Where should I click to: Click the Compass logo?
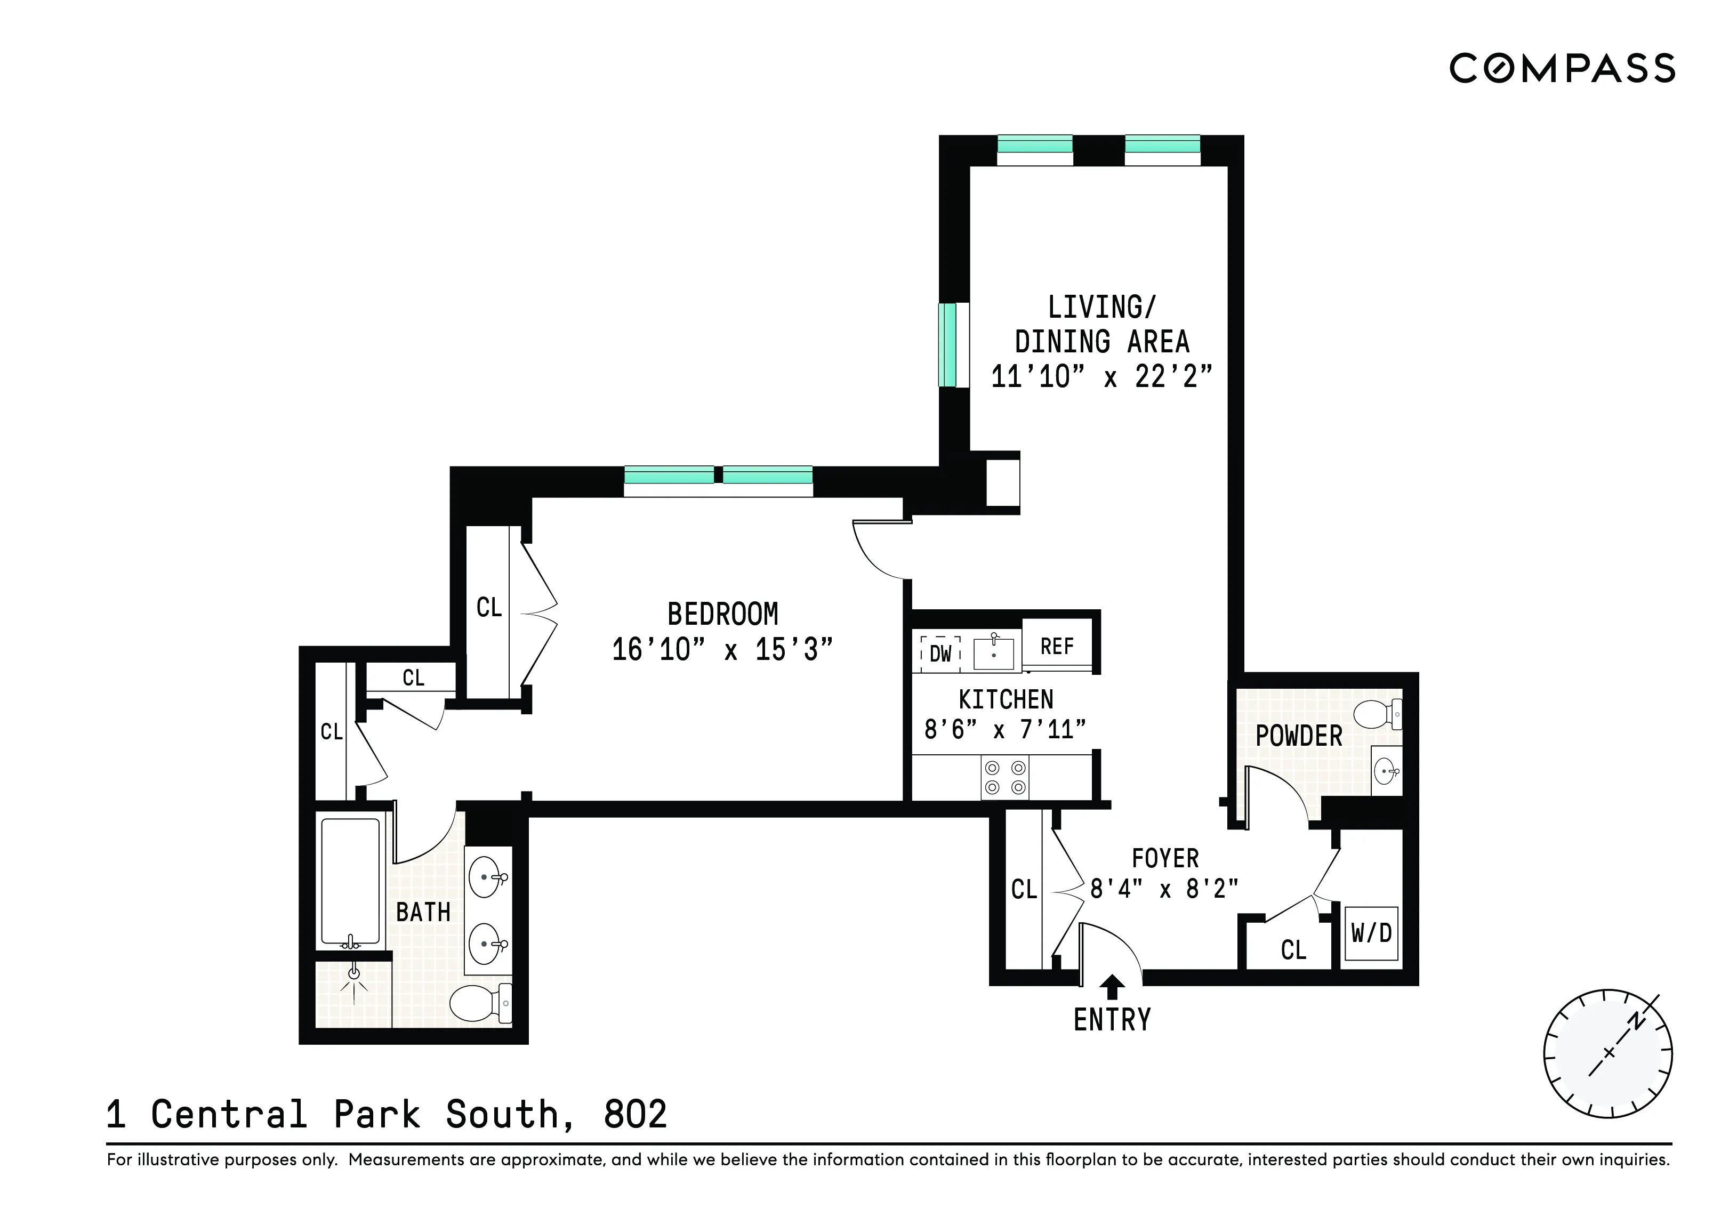[1562, 68]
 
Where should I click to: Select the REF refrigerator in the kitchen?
[1057, 647]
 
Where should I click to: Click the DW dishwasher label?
[940, 654]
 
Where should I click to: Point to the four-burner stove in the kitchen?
[1005, 777]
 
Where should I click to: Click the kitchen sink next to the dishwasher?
[993, 654]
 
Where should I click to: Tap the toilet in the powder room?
[1378, 713]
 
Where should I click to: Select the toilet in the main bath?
[480, 1003]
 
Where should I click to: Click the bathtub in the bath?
[350, 881]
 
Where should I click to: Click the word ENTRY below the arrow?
[1112, 1021]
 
